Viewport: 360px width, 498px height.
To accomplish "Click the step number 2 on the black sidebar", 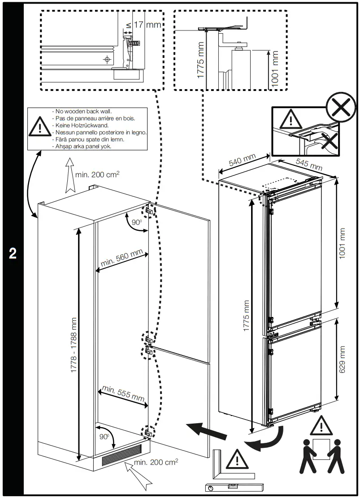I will tap(13, 253).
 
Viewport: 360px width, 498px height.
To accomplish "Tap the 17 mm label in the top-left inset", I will tap(147, 25).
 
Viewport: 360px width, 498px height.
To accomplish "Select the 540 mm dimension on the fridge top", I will tap(242, 160).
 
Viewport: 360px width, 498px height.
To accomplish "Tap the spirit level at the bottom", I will tap(233, 486).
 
